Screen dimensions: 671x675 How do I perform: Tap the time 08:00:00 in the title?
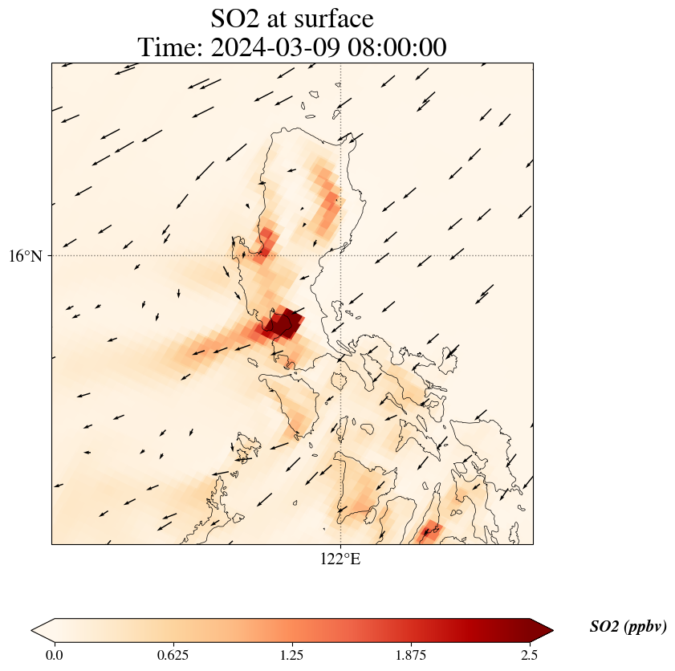[392, 47]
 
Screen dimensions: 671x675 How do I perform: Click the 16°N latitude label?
[30, 256]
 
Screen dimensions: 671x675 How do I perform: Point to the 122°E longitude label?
[340, 559]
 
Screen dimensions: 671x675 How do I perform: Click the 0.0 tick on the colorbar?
[55, 655]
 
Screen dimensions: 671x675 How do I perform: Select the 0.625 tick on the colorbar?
[173, 655]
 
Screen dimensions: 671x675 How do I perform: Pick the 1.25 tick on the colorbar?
[292, 655]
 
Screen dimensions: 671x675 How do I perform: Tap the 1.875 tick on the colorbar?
[411, 655]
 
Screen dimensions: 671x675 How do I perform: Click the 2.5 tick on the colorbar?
[530, 655]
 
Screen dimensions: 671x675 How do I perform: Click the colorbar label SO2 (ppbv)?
[628, 627]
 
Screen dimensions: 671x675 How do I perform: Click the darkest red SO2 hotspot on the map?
[283, 324]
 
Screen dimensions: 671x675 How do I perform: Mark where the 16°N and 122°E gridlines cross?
[341, 255]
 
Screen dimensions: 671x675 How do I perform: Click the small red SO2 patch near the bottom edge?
[432, 530]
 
